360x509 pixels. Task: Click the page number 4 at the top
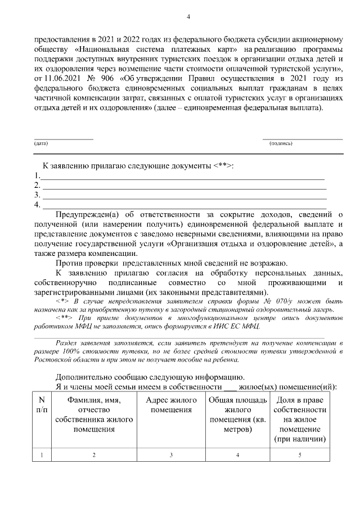point(188,17)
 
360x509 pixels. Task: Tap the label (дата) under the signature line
point(41,143)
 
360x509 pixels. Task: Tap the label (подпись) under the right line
point(281,143)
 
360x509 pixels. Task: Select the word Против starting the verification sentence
point(69,263)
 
